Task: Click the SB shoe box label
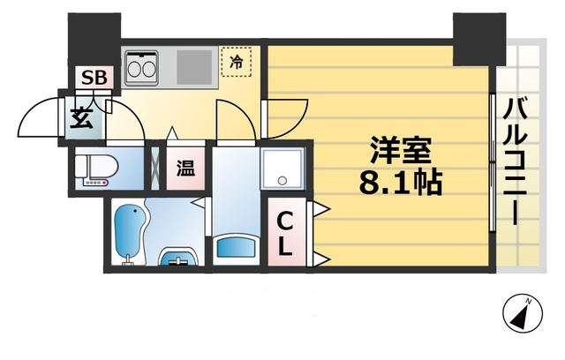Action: coord(94,78)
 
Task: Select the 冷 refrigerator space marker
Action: coord(236,62)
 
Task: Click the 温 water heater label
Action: coord(185,168)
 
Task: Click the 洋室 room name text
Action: coord(400,153)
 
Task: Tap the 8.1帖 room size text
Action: coord(400,184)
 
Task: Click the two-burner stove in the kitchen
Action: coord(140,66)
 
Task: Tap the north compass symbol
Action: coord(522,313)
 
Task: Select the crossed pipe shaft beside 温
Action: coord(156,167)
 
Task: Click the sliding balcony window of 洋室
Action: coord(491,164)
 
